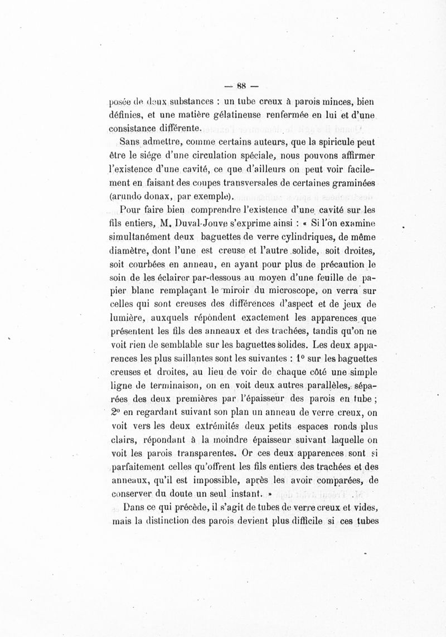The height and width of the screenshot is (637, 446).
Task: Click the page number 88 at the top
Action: (x=241, y=86)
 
